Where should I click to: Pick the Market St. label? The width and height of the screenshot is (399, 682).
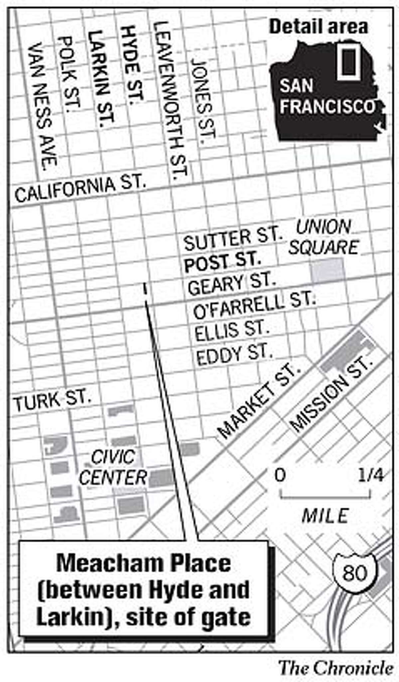258,401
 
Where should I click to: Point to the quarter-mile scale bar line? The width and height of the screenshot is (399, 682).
325,498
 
